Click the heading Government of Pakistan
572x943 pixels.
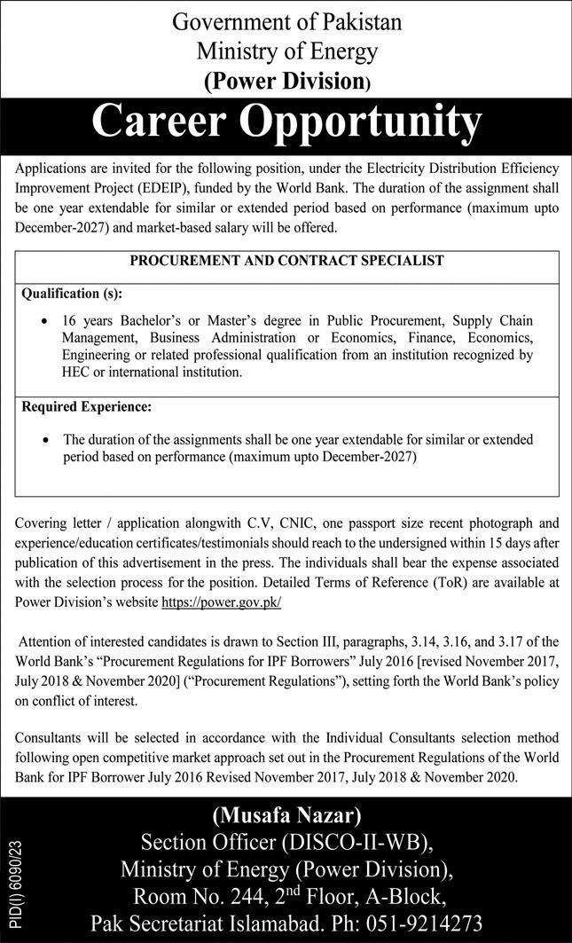(286, 21)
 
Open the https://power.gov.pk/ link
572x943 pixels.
(221, 601)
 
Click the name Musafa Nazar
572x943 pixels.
(286, 815)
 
